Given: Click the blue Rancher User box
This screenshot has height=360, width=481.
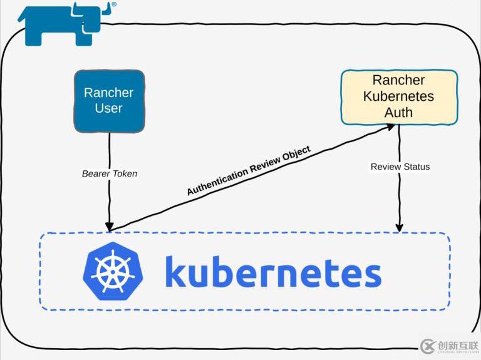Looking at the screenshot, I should (110, 101).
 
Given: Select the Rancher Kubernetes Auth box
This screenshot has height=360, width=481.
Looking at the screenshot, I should (399, 96).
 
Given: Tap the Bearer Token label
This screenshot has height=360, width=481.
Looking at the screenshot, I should (110, 173).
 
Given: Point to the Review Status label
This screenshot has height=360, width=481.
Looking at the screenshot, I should (400, 167).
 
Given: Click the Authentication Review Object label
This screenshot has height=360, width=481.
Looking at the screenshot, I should (249, 171).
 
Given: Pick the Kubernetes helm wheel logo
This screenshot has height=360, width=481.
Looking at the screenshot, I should (113, 272).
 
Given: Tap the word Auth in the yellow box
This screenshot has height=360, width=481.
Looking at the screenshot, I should (399, 113).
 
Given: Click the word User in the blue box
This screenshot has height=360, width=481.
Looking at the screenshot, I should (109, 108).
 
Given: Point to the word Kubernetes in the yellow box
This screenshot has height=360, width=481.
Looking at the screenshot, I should (399, 96).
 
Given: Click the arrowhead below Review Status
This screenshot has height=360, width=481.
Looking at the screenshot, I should (400, 227).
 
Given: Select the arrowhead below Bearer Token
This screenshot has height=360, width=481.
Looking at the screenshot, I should (110, 226).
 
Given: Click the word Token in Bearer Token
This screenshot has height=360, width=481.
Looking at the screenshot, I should (124, 173).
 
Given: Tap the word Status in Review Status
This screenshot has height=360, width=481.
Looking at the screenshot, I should (416, 167).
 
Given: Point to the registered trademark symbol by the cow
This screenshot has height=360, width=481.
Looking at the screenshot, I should (113, 4).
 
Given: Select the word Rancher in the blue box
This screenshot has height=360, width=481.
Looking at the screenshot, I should (109, 93).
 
